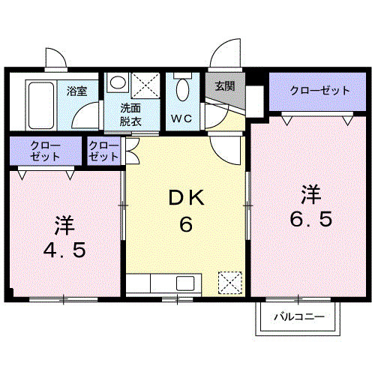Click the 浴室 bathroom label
(x=76, y=91)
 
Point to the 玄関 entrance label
(x=224, y=85)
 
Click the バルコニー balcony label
(x=298, y=317)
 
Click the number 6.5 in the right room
(x=310, y=220)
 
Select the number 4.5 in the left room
(x=63, y=248)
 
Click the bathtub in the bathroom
(x=39, y=102)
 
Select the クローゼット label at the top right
(x=320, y=91)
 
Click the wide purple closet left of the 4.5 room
(x=45, y=151)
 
